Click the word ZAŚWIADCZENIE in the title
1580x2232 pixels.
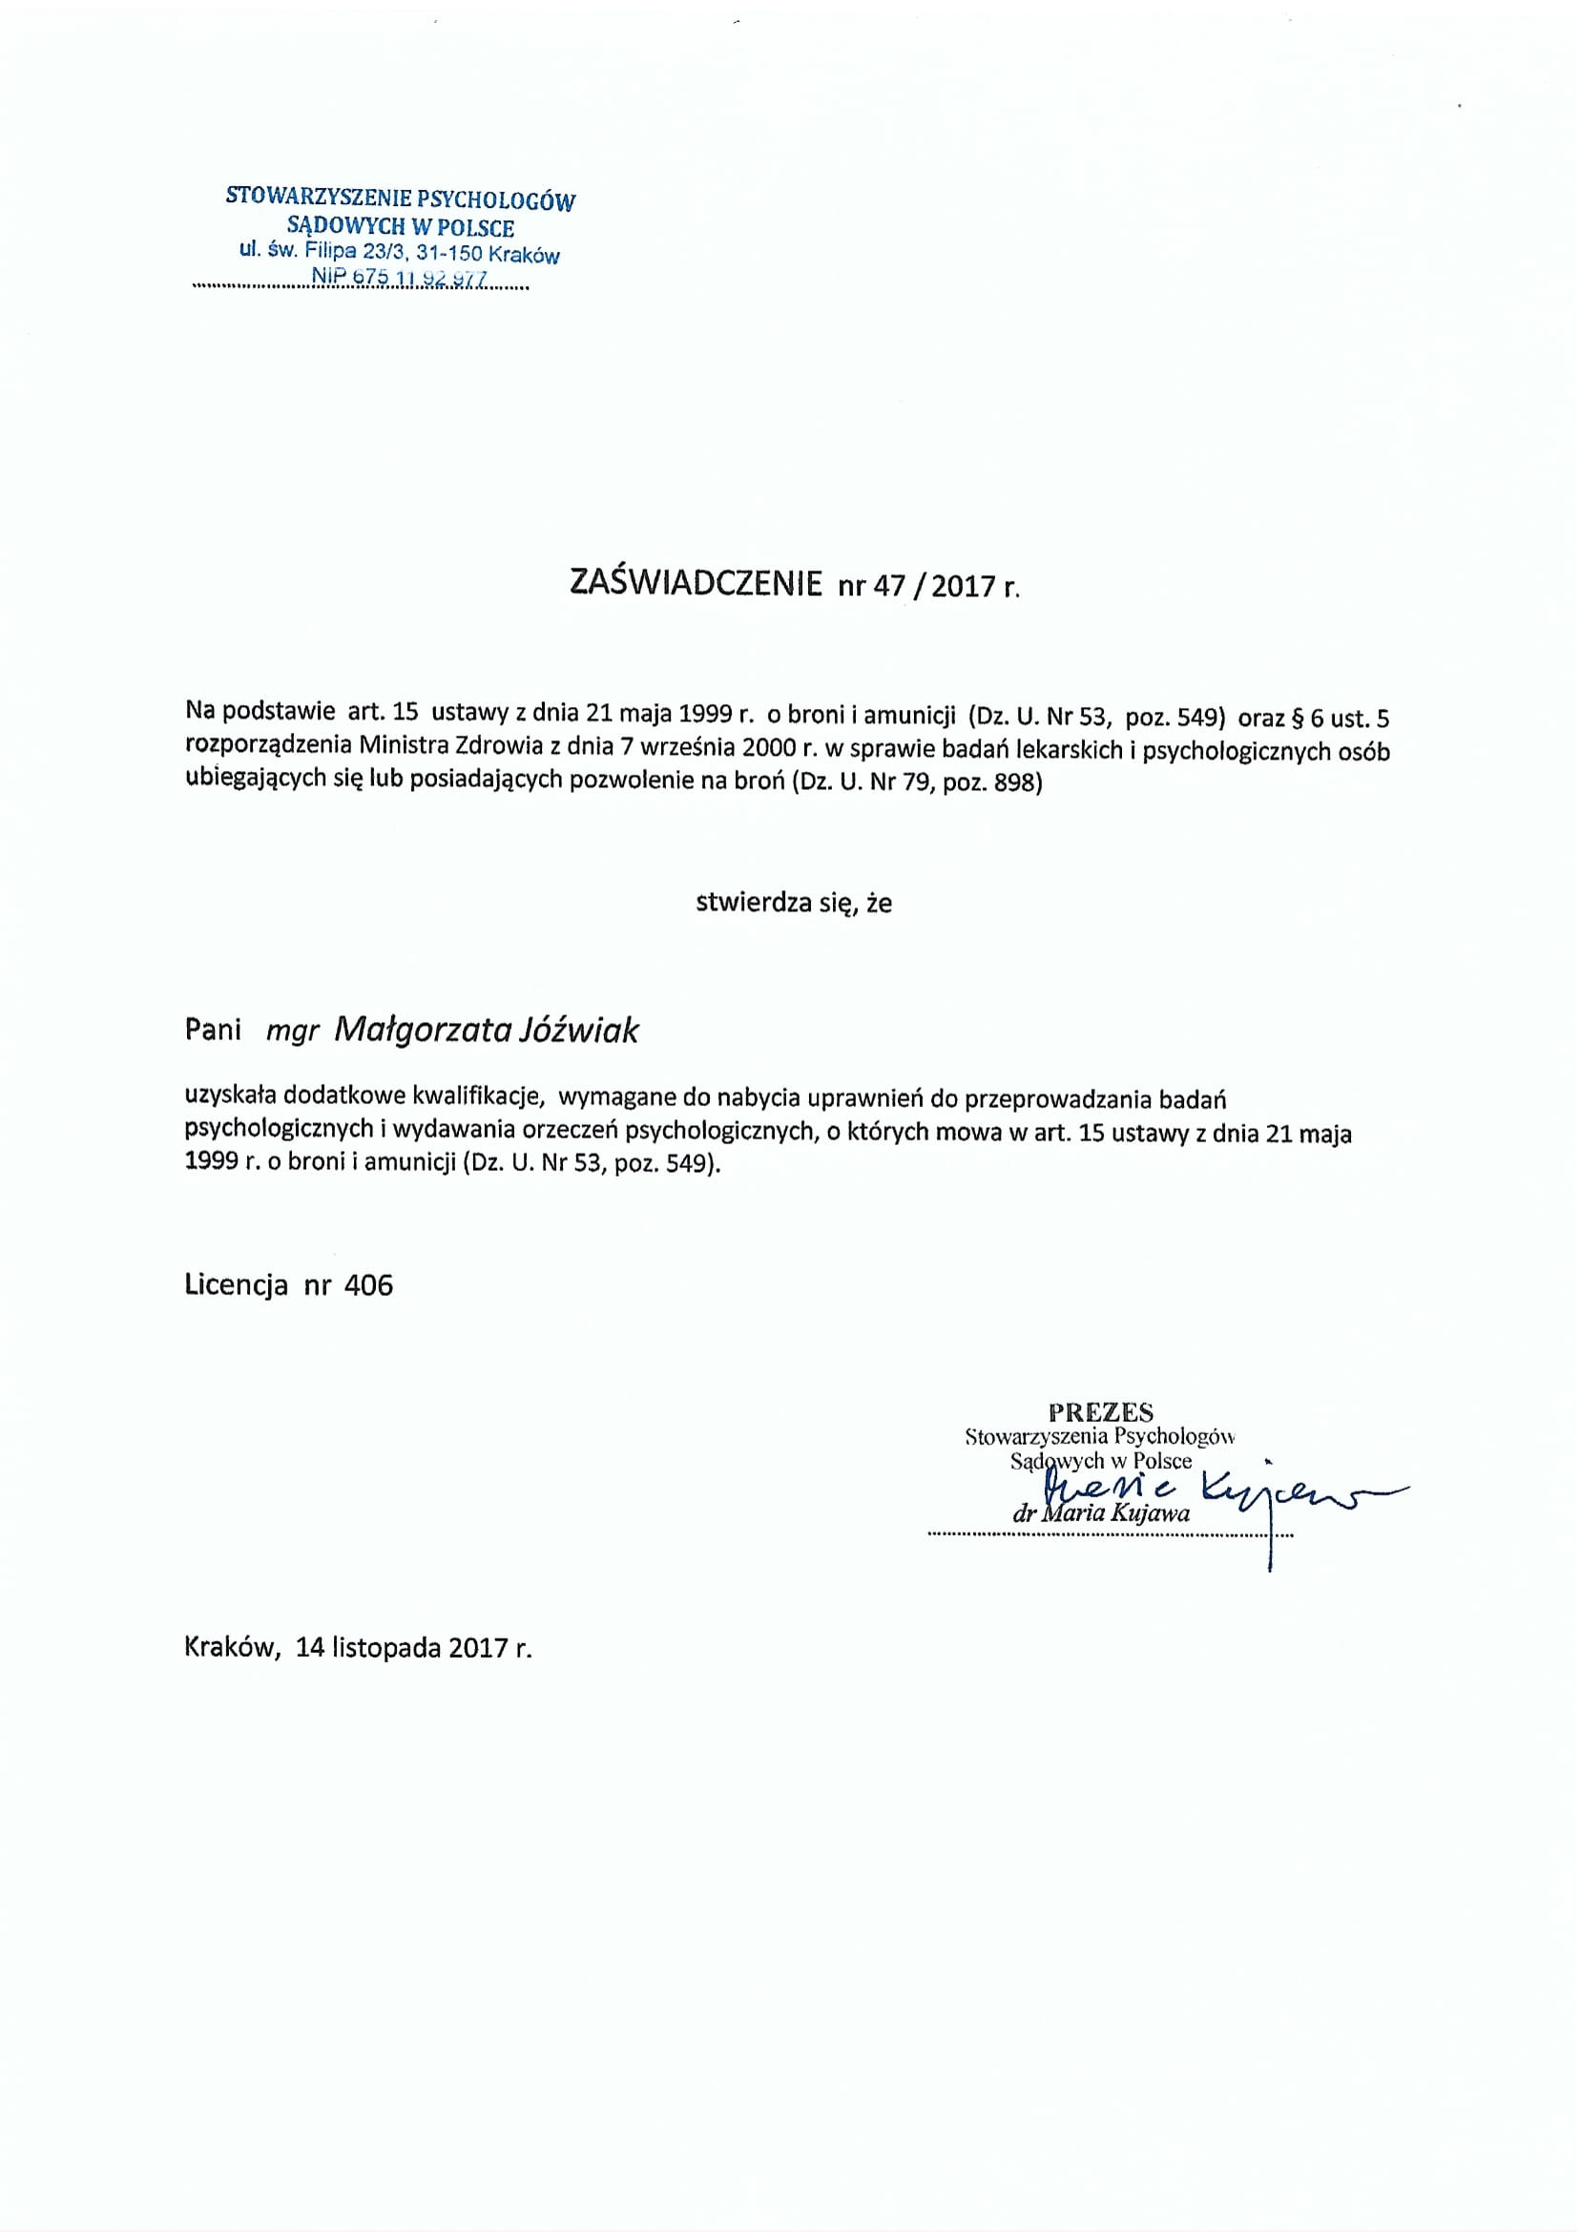695,583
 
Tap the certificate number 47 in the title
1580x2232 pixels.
886,586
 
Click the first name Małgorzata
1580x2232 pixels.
423,1032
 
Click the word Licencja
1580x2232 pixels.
236,1285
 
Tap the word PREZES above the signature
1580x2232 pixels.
1101,1411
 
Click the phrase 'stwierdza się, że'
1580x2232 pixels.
794,903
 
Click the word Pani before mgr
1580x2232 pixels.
212,1031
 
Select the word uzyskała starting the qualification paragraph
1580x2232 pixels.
230,1098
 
